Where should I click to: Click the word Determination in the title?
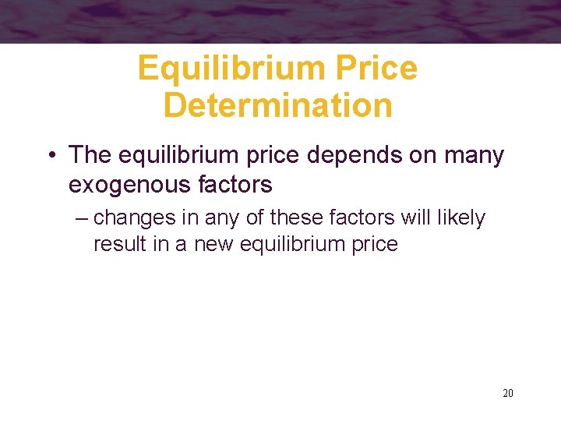tap(277, 105)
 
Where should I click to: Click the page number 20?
tap(508, 393)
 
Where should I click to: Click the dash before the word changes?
tap(83, 218)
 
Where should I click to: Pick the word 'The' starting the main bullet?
tap(90, 155)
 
